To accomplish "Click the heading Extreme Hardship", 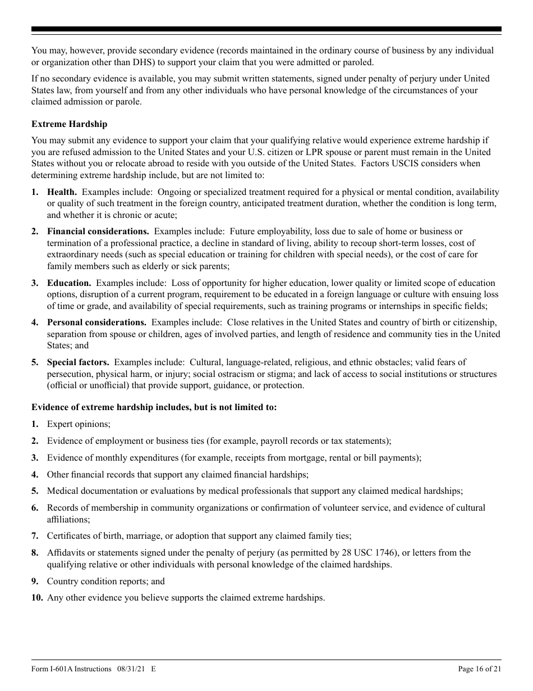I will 69,124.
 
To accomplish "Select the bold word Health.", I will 62,192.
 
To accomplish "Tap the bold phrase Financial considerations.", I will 98,231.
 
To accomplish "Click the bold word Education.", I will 68,283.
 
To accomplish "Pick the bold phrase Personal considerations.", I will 97,322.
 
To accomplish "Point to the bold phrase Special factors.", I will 77,362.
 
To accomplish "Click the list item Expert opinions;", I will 79,424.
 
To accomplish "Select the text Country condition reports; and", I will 105,581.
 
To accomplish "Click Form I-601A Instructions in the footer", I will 71,669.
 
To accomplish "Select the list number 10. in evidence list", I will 37,598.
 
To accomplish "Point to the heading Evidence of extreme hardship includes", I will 154,407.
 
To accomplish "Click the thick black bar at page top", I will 266,29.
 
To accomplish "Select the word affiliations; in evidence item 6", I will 68,520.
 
